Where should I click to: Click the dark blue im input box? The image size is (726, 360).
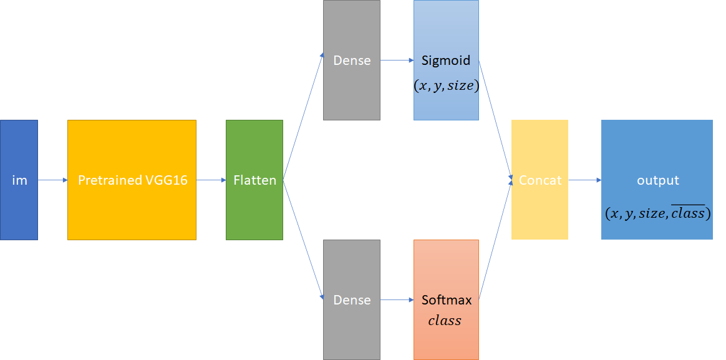19,180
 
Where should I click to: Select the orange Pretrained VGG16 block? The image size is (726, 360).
132,180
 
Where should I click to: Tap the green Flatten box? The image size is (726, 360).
254,180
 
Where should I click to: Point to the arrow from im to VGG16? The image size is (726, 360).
52,180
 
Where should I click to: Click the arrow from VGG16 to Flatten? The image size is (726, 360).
211,180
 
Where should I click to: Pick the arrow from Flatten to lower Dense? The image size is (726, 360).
304,241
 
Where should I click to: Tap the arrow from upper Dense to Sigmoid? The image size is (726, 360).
397,61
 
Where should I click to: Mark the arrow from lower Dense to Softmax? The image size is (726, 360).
397,300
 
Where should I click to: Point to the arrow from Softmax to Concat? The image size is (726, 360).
495,241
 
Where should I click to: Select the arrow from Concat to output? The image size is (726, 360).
584,180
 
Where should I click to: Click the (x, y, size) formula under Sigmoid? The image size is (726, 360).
446,86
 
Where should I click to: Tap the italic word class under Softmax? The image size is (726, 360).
445,321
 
